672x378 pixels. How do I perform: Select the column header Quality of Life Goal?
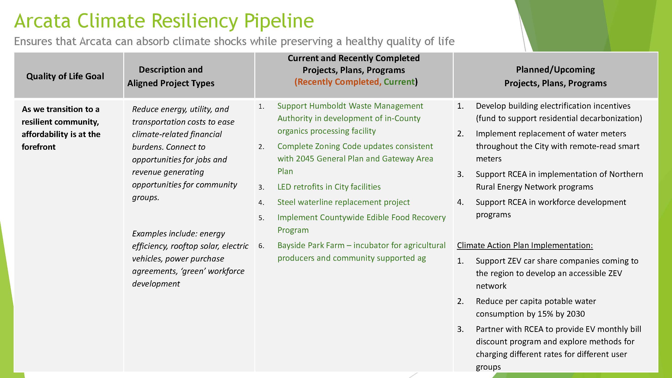pos(65,76)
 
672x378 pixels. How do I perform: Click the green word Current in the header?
pos(399,82)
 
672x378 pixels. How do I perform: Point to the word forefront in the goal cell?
pos(39,147)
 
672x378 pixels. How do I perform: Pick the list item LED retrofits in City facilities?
pos(329,187)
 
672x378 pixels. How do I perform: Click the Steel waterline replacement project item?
pos(343,202)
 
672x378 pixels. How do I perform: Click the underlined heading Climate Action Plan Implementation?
pos(525,245)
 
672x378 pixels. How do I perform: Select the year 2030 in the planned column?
pos(575,314)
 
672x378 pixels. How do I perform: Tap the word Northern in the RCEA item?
pos(626,174)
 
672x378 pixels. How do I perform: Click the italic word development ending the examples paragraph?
pos(156,284)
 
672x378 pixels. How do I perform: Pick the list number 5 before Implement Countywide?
pos(261,218)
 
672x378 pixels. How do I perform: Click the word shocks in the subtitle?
pos(229,42)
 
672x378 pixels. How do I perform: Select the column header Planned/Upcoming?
pos(555,70)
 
